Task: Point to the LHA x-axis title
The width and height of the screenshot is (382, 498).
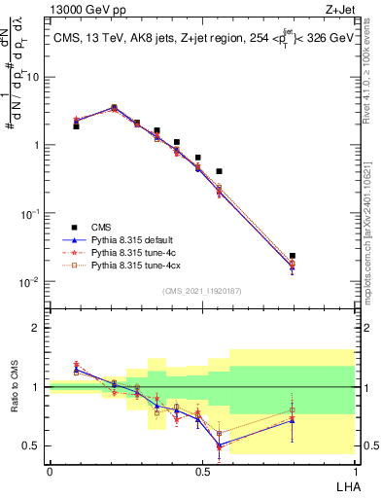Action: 345,486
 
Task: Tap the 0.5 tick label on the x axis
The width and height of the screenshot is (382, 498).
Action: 202,471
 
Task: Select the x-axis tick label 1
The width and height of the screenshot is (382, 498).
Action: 355,471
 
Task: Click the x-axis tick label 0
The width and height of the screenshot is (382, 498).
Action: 50,471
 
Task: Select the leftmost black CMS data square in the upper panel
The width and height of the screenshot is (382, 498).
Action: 76,126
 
